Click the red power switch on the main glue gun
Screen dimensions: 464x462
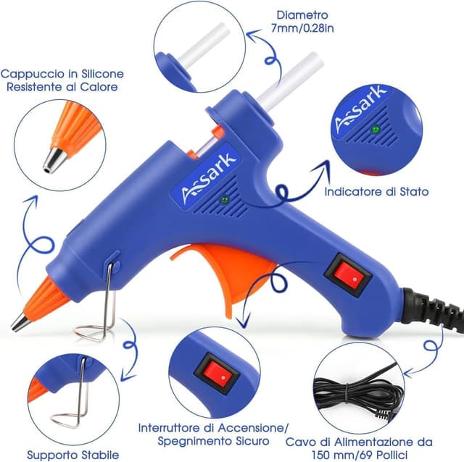click(x=348, y=276)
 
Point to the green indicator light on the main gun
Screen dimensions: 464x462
click(x=225, y=200)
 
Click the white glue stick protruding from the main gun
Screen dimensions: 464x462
click(x=290, y=81)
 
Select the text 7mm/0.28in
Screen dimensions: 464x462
click(x=302, y=28)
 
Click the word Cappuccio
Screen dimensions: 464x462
click(x=33, y=74)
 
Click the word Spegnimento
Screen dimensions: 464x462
click(x=195, y=441)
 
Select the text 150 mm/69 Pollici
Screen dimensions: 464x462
click(x=360, y=454)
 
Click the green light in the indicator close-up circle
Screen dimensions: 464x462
click(x=376, y=129)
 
